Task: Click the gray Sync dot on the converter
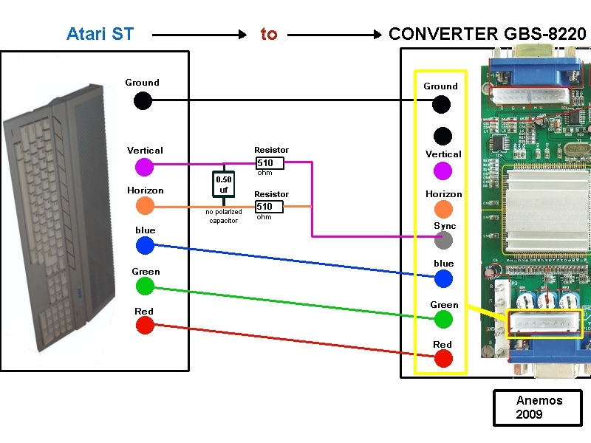tap(443, 240)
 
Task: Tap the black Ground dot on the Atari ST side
tap(143, 100)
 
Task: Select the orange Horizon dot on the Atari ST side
tap(145, 207)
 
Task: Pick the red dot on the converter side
tap(443, 359)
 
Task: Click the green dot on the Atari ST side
tap(145, 286)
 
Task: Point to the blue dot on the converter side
tap(443, 278)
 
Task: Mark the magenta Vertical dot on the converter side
tap(443, 171)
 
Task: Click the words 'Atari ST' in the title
tap(100, 34)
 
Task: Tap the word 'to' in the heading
tap(268, 34)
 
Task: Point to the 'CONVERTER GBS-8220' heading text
tap(488, 34)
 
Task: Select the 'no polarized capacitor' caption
tap(223, 216)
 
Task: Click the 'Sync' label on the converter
tap(445, 226)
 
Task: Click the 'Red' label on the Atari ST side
tap(144, 311)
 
